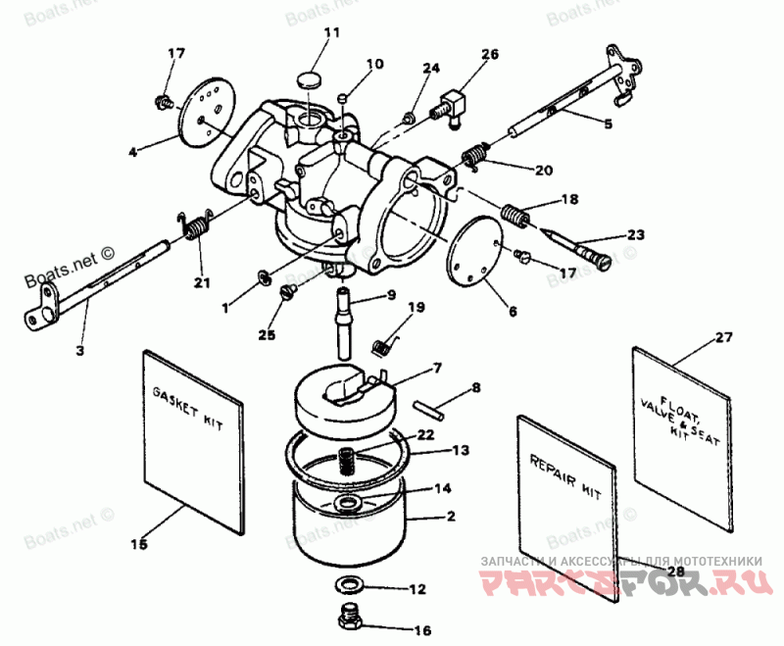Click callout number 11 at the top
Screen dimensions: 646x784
tap(331, 32)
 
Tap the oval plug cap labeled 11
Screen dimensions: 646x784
tap(310, 78)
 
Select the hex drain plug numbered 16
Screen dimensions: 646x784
tap(348, 618)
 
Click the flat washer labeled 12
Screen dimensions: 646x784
tap(347, 586)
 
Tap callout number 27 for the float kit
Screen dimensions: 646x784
tap(723, 337)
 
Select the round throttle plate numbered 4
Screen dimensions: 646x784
tap(209, 114)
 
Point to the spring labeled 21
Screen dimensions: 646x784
tap(196, 227)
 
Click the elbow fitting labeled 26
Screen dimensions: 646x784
tap(453, 105)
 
